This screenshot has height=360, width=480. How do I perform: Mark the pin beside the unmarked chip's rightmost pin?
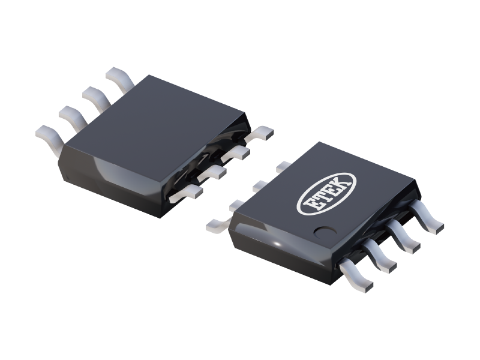click(x=240, y=151)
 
